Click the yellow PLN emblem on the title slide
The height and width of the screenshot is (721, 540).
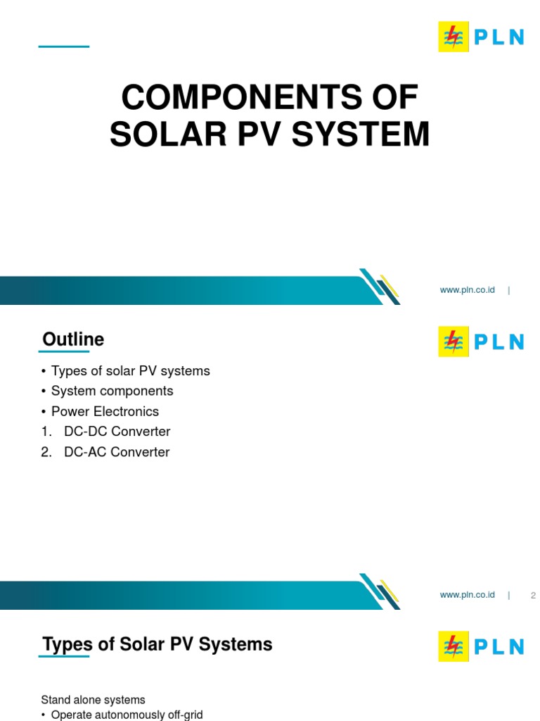(x=454, y=37)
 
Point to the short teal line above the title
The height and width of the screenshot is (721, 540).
(x=64, y=46)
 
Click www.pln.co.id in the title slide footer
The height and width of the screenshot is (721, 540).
(x=467, y=290)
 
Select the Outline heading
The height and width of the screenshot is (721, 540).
(x=73, y=339)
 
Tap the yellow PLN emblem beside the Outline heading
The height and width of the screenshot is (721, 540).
(x=454, y=341)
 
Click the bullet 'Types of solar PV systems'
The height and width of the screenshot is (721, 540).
(x=130, y=371)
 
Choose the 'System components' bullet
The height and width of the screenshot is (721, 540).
(x=112, y=391)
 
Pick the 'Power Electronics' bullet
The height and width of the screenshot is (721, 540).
(x=105, y=411)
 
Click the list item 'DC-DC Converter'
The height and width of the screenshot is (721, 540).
(x=117, y=432)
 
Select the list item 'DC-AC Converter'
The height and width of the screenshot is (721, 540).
(x=117, y=452)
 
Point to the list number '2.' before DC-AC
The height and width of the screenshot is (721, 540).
(x=46, y=452)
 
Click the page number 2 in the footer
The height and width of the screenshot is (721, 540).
(x=533, y=596)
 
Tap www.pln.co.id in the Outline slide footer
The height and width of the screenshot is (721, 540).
(x=467, y=595)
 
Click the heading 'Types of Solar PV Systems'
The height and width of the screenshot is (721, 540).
(x=157, y=644)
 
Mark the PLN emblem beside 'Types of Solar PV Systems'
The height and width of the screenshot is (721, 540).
(x=454, y=646)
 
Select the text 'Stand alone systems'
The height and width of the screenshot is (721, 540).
(x=93, y=700)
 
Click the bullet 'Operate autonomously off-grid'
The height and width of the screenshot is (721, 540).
(x=127, y=715)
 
